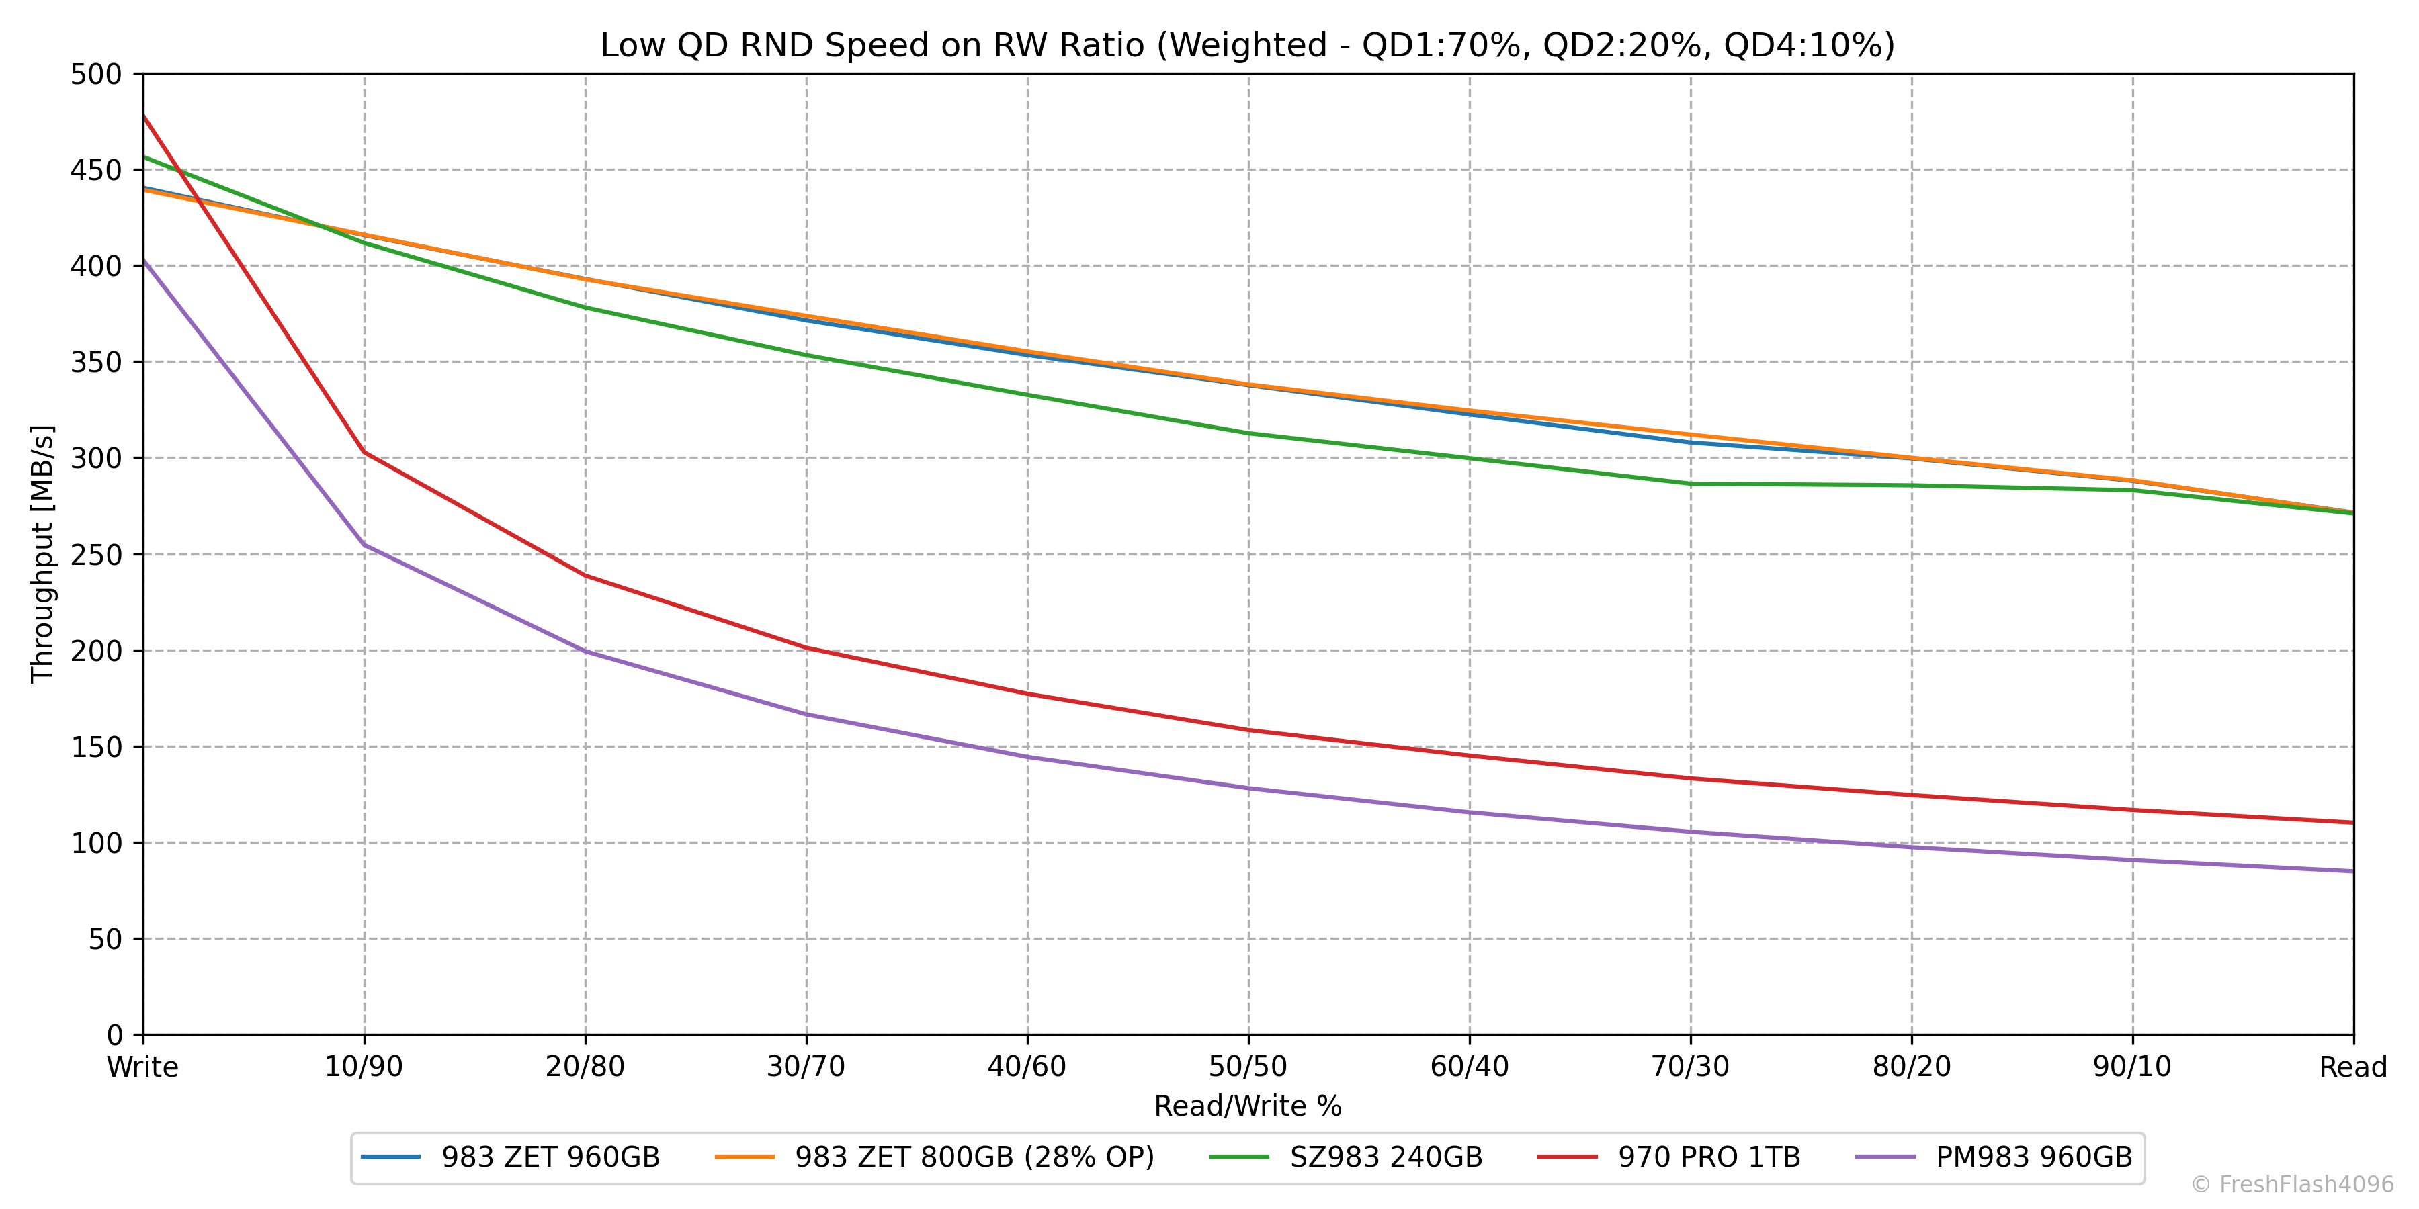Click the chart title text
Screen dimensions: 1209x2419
click(x=1247, y=45)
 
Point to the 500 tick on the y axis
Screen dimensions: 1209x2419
click(x=96, y=74)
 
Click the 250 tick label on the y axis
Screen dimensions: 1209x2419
click(x=96, y=555)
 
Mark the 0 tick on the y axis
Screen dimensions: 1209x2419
click(x=114, y=1035)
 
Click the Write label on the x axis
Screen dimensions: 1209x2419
click(x=142, y=1067)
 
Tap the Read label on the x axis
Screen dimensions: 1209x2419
click(x=2352, y=1067)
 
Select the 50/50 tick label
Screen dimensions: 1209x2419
click(x=1248, y=1067)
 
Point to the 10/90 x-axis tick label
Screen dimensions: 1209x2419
click(x=364, y=1067)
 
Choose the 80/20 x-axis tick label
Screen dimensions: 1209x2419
click(x=1911, y=1067)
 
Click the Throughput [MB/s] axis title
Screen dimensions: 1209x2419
click(x=42, y=554)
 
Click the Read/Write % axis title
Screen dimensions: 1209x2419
click(x=1247, y=1106)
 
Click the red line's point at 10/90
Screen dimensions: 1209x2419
click(x=364, y=453)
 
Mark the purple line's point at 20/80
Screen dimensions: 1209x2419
click(x=585, y=652)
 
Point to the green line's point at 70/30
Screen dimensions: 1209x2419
click(x=1691, y=484)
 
